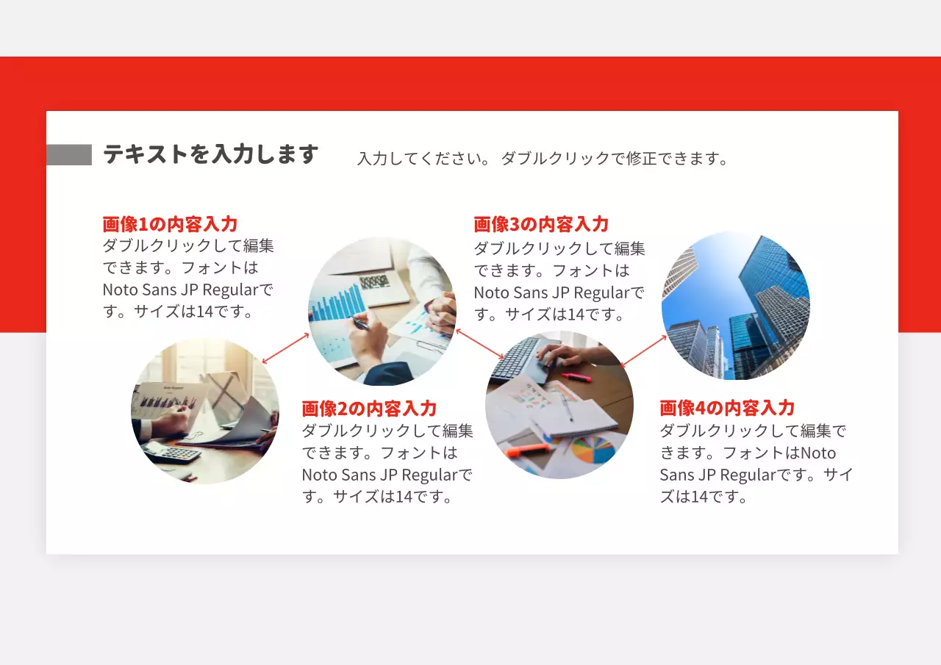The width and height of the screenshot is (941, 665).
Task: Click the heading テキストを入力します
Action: tap(210, 155)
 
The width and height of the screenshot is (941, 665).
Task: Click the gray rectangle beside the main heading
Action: tap(68, 155)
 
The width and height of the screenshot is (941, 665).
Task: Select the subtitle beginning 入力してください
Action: tap(542, 159)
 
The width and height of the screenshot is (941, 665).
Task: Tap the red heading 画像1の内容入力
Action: tap(170, 224)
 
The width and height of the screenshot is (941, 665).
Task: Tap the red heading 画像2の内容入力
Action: tap(369, 409)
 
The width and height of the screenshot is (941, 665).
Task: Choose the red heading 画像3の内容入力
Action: tap(541, 224)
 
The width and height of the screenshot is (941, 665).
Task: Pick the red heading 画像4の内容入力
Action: tap(727, 408)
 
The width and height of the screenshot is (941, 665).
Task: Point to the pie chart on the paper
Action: tap(593, 449)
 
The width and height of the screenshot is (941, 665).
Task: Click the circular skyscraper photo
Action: tap(735, 306)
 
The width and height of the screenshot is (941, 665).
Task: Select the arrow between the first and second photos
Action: tap(286, 348)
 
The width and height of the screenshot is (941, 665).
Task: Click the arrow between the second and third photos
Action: tap(479, 344)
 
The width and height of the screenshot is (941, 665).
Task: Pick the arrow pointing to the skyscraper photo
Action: tap(643, 351)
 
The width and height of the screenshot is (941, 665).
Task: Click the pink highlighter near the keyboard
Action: tap(577, 377)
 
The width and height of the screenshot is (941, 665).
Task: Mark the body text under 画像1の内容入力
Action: tap(187, 278)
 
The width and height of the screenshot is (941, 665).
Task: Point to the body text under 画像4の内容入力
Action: tap(756, 464)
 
